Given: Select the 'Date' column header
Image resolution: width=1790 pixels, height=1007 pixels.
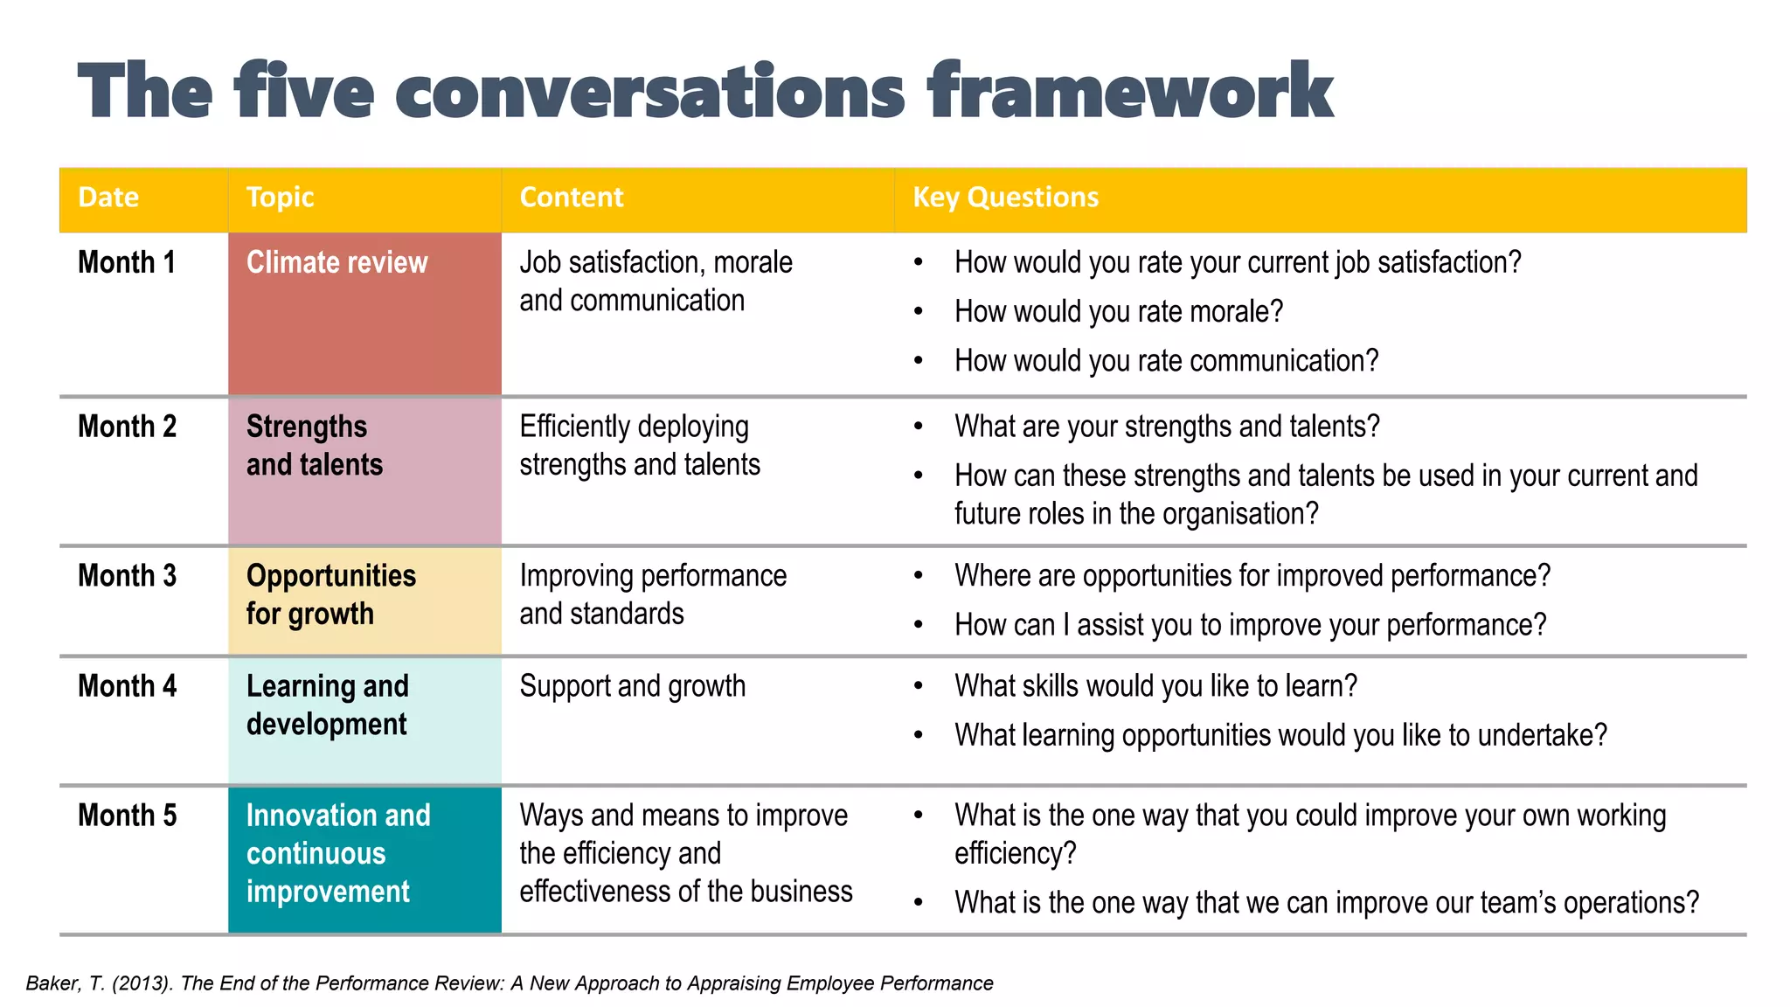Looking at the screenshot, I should [108, 198].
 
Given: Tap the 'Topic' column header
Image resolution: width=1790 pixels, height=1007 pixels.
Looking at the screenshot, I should [280, 198].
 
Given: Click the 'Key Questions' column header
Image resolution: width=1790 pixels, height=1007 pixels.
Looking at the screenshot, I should [1005, 198].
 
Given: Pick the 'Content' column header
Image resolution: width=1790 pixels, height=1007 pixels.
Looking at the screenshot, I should [572, 198].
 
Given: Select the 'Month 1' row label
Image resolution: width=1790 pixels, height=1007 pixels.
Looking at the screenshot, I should [127, 262].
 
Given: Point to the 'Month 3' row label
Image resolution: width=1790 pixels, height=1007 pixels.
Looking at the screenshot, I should [127, 576].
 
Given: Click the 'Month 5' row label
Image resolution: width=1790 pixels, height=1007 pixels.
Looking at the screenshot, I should [127, 816].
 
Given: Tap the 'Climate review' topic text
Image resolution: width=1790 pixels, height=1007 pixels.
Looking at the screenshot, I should [336, 262].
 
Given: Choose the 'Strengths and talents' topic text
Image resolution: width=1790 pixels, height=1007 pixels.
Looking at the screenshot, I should [315, 446].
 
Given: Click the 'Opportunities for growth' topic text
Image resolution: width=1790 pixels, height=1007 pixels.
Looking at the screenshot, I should [330, 594].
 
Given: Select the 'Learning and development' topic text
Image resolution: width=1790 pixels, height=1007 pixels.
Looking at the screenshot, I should [327, 705].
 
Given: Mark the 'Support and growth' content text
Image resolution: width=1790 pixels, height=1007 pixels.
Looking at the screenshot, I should [632, 686].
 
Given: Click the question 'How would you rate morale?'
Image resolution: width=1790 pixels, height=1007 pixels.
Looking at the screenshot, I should [1119, 312].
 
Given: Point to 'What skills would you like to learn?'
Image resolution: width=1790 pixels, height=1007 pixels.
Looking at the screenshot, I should [1155, 686].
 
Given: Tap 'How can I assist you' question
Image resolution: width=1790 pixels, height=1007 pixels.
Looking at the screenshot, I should [1250, 625].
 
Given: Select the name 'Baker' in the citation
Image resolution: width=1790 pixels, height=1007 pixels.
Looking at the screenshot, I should [53, 983].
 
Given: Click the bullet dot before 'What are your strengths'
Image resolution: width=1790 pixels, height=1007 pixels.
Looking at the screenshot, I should [919, 427].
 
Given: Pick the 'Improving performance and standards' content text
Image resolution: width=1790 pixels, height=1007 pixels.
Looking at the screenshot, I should [652, 594].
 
